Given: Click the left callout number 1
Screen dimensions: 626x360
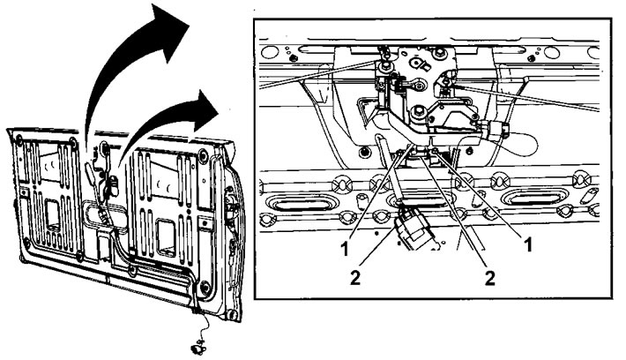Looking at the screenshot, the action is [345, 248].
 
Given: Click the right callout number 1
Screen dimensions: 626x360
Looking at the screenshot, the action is [528, 244].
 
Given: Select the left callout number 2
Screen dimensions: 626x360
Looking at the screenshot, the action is [355, 277].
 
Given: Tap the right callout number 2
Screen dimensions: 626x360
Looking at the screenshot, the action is [490, 277].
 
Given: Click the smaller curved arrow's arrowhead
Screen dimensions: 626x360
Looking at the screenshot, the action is [203, 110].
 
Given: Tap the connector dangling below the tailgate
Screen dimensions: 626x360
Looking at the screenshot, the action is [198, 349].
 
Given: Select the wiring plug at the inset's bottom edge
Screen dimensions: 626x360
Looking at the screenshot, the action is [414, 230].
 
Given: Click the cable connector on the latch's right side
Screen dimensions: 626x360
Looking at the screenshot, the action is [495, 129].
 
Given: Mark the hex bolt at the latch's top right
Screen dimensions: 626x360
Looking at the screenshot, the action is [440, 52].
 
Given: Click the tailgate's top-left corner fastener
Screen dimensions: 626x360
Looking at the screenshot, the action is [19, 139].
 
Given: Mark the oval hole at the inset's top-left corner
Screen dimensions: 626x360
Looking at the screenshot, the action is [270, 52].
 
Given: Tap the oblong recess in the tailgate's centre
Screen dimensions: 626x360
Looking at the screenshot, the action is [105, 218].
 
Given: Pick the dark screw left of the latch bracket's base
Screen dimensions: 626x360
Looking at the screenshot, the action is [363, 152].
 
